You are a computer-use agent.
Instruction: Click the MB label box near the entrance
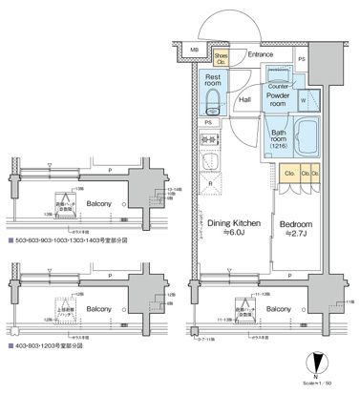pos(195,50)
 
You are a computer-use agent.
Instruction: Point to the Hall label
pos(245,97)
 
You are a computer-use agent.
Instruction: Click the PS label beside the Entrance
pos(301,61)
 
